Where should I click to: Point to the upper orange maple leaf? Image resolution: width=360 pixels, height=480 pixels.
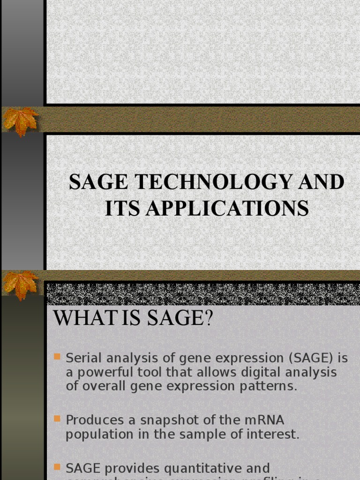(20, 120)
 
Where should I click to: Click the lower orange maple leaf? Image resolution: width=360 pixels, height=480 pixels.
(20, 284)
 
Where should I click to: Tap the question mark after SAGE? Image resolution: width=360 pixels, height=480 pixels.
(208, 319)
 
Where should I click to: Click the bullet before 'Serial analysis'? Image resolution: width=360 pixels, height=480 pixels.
(57, 357)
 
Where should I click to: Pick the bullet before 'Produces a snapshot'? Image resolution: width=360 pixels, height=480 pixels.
(57, 418)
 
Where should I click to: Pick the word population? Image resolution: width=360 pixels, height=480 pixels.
(99, 434)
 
